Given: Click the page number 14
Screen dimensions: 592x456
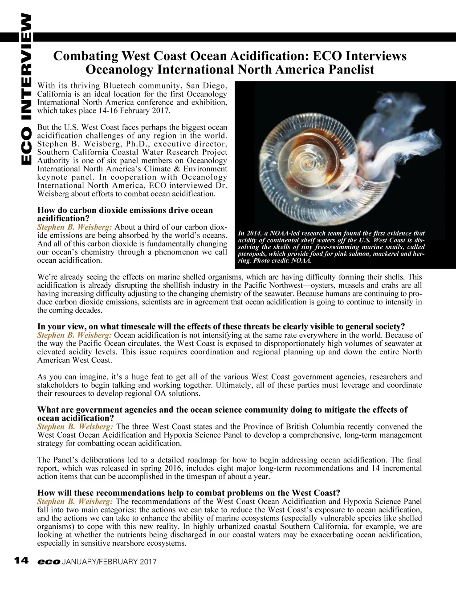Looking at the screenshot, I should [21, 561].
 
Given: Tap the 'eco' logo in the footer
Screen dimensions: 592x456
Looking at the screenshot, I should [49, 562].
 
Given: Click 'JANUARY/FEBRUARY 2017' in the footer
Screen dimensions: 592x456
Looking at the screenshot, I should [110, 562].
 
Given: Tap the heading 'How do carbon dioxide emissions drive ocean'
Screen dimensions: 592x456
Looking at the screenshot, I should [125, 210].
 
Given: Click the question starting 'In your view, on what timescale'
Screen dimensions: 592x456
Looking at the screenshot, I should [221, 327].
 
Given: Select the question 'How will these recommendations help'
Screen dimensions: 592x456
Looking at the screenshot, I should [189, 493].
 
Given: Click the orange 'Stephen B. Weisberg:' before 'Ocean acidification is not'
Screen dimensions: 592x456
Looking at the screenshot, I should [74, 335].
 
